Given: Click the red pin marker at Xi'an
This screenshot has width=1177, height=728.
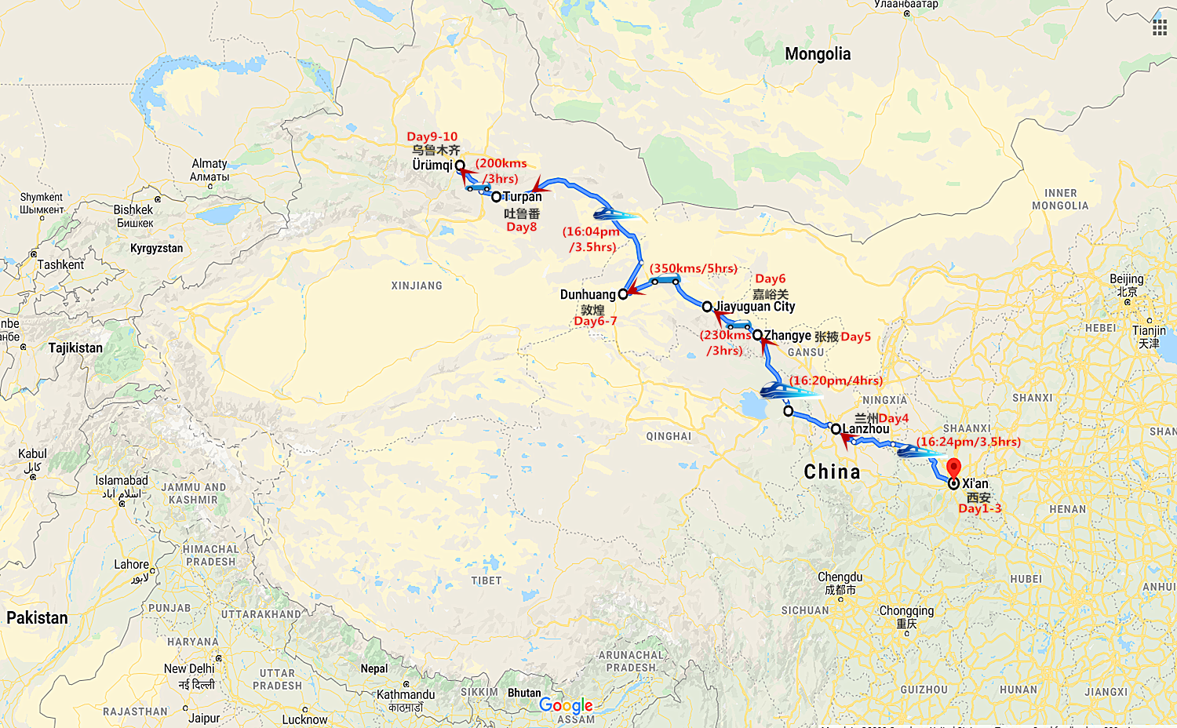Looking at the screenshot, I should (953, 468).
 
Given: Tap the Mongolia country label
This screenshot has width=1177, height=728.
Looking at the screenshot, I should (818, 54).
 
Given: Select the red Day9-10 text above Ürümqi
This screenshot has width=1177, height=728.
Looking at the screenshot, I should (432, 136).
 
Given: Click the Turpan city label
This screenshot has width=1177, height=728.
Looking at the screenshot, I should (523, 197).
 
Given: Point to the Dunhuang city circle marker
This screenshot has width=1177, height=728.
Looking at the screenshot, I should (623, 294).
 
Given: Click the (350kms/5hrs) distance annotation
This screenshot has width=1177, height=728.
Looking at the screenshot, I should (694, 268).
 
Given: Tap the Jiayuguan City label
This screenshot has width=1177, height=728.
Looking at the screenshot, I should (756, 307).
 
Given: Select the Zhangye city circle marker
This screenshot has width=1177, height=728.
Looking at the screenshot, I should (757, 335).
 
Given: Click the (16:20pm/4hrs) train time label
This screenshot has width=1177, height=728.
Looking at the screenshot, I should (836, 380).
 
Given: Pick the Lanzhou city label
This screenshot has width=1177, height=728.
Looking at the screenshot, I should (866, 429).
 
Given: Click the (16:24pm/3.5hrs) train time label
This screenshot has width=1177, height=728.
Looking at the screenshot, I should (969, 442).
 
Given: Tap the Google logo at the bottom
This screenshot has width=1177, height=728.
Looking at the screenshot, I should (566, 705).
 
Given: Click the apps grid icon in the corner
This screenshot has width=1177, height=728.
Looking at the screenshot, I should (1159, 28).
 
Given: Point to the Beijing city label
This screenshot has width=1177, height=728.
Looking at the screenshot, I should (1127, 279).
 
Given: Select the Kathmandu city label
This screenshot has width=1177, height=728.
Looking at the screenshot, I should (406, 694).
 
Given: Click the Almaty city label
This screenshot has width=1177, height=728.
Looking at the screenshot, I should (210, 164).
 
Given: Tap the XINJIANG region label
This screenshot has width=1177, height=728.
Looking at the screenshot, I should (417, 286).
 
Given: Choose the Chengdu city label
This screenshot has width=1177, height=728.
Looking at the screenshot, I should (840, 577).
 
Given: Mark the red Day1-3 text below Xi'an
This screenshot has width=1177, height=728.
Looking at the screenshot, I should (980, 508).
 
